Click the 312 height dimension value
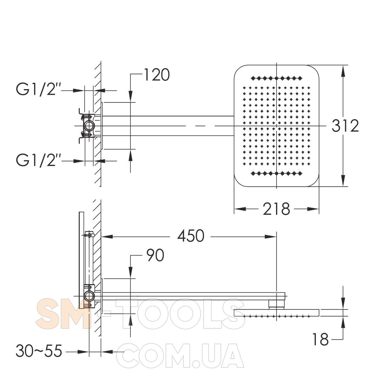[345, 126]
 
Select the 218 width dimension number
[276, 209]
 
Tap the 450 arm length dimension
[191, 236]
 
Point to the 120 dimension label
[157, 75]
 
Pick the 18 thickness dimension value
[320, 339]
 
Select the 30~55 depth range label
[39, 351]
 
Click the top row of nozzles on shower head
[277, 79]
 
